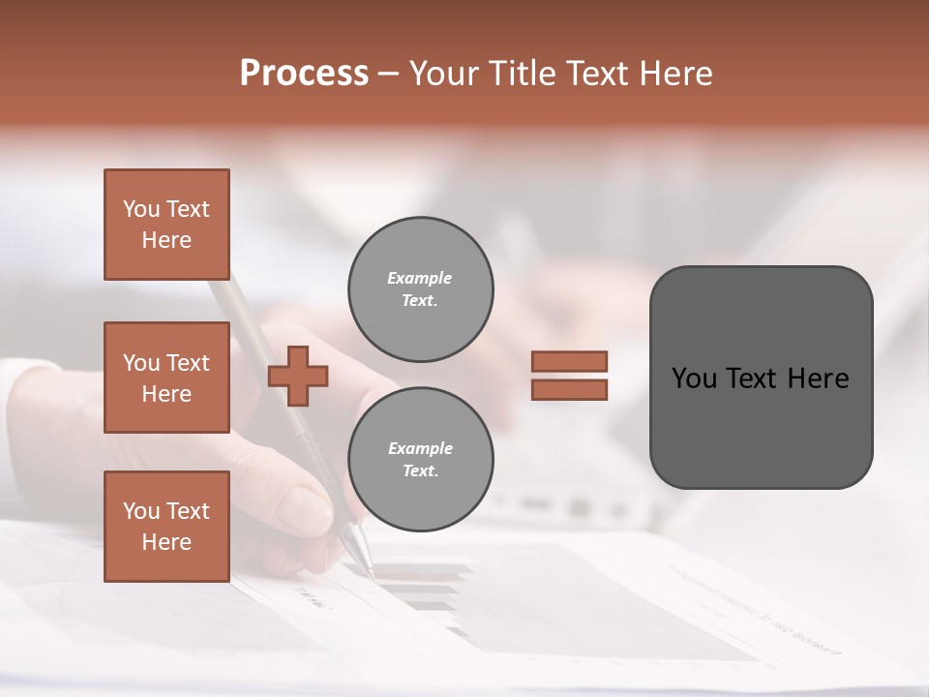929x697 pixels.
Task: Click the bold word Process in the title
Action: (304, 73)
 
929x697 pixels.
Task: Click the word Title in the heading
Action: (523, 73)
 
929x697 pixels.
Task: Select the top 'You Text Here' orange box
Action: (166, 225)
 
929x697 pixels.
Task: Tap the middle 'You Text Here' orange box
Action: (166, 378)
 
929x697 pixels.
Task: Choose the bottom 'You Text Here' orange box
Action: (166, 526)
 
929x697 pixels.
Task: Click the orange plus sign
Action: (298, 376)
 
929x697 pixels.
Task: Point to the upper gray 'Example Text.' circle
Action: (420, 289)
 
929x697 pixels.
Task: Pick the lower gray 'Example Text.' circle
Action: (420, 459)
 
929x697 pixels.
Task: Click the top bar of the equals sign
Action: (569, 361)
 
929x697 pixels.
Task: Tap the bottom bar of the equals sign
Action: (569, 389)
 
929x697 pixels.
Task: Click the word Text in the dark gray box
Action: (752, 379)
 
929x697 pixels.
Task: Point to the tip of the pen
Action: (371, 576)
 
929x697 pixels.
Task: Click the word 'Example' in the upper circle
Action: (420, 278)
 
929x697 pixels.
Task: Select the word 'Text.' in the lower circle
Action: (420, 470)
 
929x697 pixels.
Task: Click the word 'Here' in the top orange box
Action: (166, 240)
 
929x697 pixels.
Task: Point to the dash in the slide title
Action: (388, 74)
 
